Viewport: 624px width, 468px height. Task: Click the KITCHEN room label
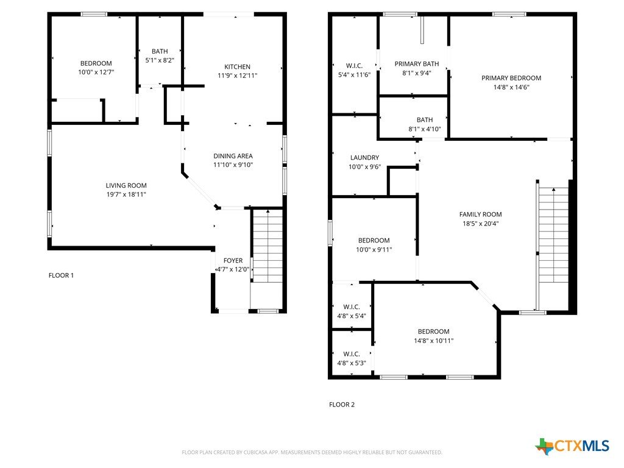(x=237, y=67)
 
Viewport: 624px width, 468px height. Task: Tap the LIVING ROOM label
(x=126, y=185)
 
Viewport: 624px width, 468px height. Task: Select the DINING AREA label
(x=233, y=156)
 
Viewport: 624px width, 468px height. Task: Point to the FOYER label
(x=233, y=260)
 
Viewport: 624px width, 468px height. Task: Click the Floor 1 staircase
(x=268, y=246)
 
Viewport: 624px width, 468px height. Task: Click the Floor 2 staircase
(x=553, y=235)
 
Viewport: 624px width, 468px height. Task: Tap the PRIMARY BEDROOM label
(x=511, y=78)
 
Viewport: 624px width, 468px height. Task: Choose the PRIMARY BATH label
(x=417, y=63)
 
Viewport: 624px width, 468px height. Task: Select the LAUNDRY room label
(x=364, y=158)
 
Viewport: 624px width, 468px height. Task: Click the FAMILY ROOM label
(x=480, y=214)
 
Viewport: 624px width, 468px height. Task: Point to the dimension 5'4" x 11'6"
(x=354, y=74)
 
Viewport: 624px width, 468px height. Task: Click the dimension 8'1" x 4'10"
(x=425, y=129)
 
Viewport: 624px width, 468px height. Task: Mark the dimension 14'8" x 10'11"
(x=433, y=341)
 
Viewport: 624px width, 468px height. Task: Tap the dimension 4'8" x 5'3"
(x=352, y=363)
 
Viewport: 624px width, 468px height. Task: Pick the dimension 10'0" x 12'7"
(x=96, y=72)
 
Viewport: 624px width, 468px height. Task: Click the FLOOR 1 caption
(x=61, y=275)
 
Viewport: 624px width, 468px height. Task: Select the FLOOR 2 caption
(x=341, y=405)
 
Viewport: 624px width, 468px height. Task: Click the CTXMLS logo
(x=572, y=446)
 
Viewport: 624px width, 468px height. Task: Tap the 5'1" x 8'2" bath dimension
(x=160, y=60)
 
